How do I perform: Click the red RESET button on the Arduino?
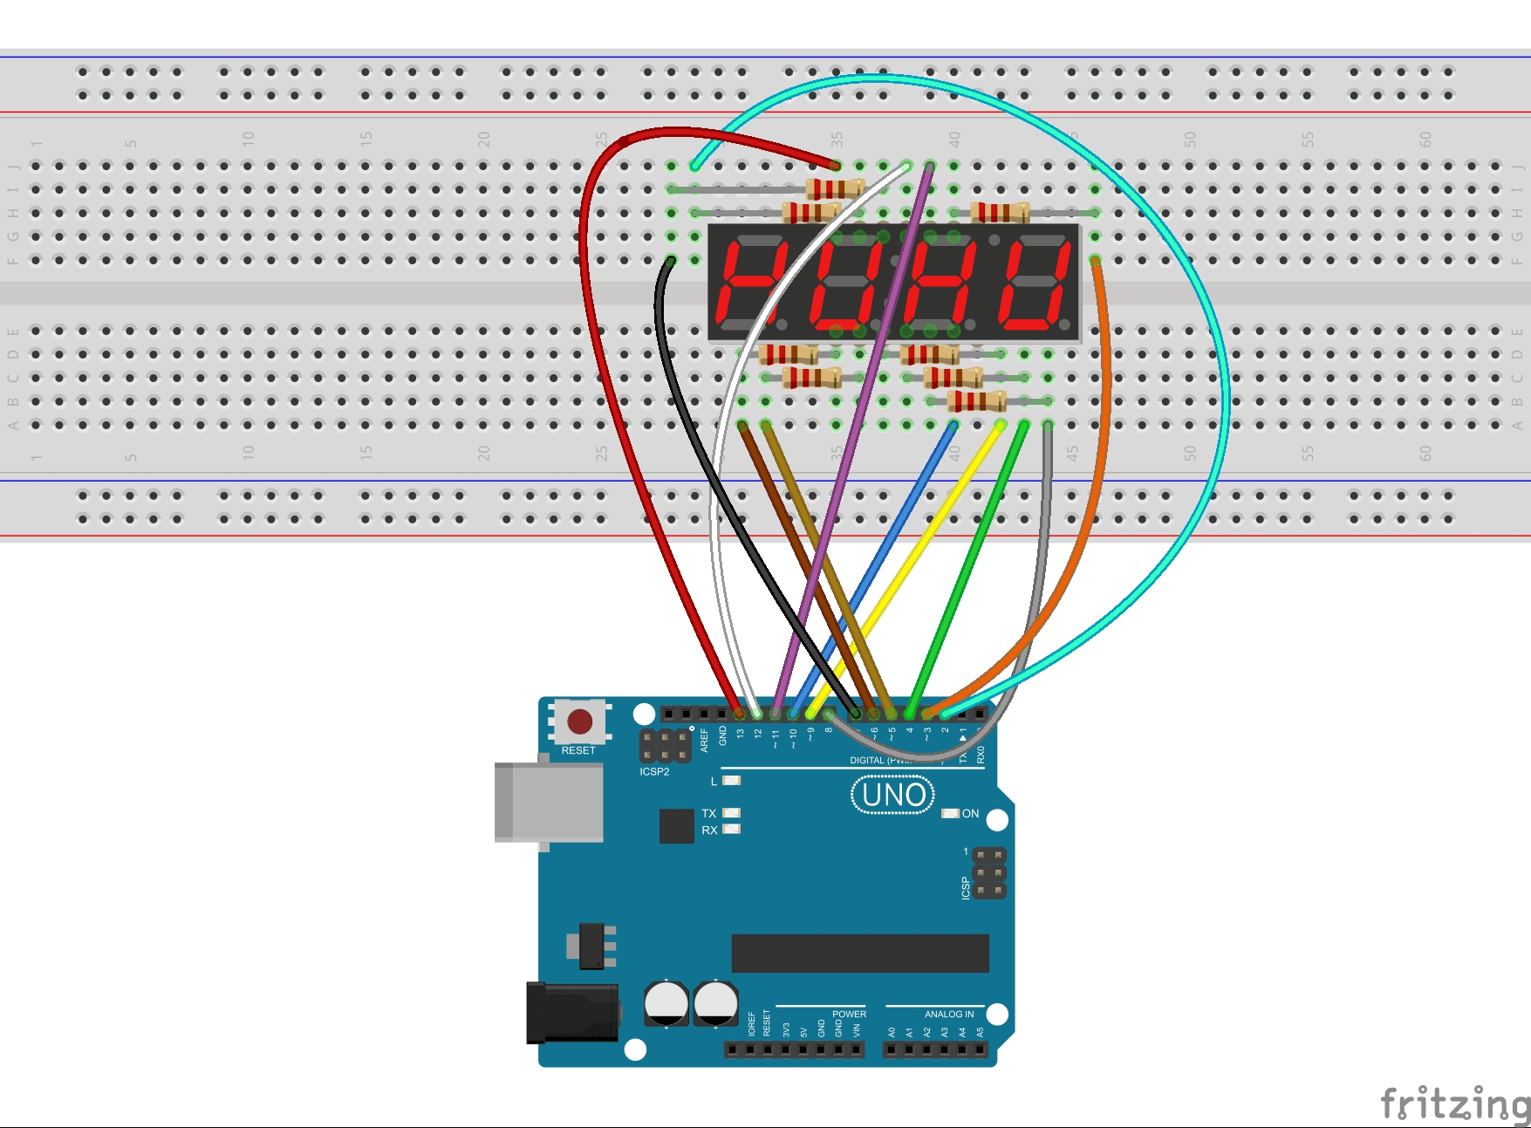[x=580, y=721]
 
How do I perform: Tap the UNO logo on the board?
[x=892, y=795]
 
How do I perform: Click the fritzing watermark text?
[x=1454, y=1104]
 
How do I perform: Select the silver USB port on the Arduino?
[x=549, y=802]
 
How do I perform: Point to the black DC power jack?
[x=571, y=1012]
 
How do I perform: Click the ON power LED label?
[x=970, y=814]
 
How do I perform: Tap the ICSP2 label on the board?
[x=654, y=772]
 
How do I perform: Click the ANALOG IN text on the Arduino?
[x=949, y=1014]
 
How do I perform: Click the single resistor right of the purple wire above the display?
[x=1000, y=212]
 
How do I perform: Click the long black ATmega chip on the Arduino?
[x=860, y=953]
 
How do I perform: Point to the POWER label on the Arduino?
[x=849, y=1014]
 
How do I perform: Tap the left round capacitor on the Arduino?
[x=666, y=1003]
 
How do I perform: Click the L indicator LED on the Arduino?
[x=731, y=780]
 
